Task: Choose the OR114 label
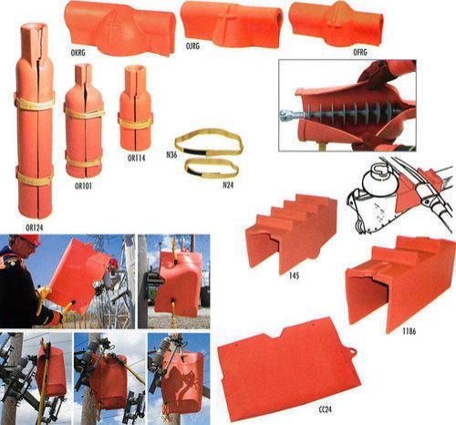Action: pyautogui.click(x=136, y=157)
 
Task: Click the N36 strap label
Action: pyautogui.click(x=171, y=154)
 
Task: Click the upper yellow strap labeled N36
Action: pyautogui.click(x=209, y=140)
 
